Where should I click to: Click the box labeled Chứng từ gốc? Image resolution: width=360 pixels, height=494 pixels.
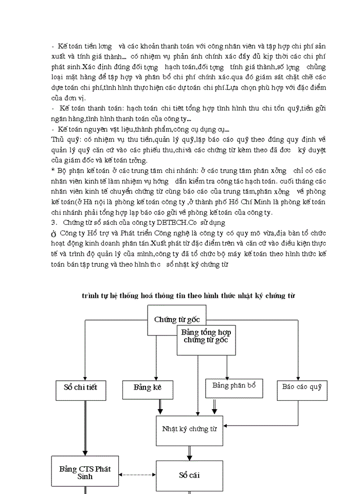point(176,319)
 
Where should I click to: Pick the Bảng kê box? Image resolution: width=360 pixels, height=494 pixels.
point(148,387)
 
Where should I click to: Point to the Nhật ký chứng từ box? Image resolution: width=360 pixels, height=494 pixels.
point(189,428)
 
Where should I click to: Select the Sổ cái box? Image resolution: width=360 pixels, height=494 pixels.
point(189,475)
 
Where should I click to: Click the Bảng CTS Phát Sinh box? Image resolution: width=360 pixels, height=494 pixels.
point(85,473)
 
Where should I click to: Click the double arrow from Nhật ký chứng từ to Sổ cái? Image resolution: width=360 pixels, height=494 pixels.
point(190,453)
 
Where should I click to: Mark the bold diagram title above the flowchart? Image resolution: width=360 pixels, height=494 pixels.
point(188,295)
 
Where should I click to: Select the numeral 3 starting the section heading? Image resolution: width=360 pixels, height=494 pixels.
point(53,223)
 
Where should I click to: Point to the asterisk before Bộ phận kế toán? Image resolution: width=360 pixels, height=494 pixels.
point(53,170)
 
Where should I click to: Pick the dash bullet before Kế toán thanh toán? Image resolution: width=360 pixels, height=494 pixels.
point(53,109)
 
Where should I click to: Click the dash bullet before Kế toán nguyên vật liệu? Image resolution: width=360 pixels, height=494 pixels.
point(53,129)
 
